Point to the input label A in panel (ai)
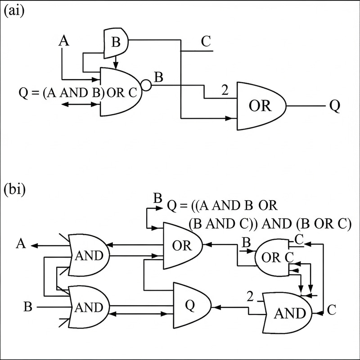(x=65, y=41)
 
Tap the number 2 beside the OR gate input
(x=223, y=90)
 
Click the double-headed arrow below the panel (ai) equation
(x=80, y=104)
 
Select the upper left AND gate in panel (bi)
(x=89, y=255)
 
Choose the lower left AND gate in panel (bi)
(x=89, y=307)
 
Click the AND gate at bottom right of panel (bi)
(x=287, y=313)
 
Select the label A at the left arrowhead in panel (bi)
(x=20, y=244)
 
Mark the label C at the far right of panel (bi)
(x=332, y=310)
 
